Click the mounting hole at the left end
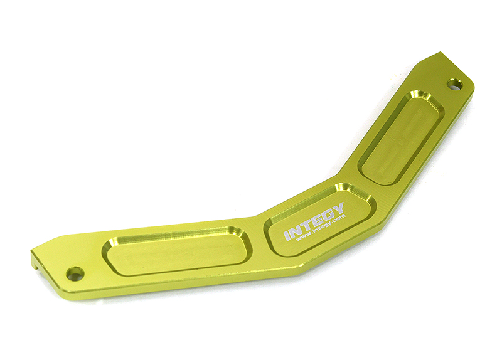tap(75, 273)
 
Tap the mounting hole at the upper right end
tap(454, 83)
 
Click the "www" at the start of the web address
tap(301, 238)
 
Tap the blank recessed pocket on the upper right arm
tap(402, 137)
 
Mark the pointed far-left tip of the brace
tap(31, 253)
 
